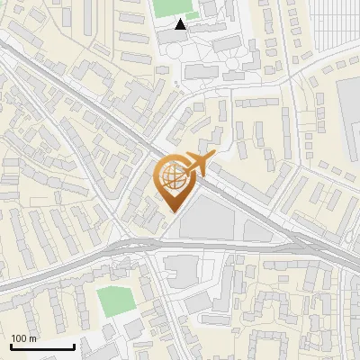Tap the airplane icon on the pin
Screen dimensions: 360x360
point(199,164)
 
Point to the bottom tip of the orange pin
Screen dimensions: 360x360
point(175,211)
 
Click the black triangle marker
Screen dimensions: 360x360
point(181,25)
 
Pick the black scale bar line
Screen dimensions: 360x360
point(42,347)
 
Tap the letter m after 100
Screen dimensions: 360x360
point(33,339)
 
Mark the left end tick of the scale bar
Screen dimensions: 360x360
point(11,346)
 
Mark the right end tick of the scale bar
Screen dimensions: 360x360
point(74,346)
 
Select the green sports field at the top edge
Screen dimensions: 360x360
point(167,8)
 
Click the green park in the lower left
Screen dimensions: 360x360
point(114,301)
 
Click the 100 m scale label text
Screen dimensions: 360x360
point(23,339)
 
